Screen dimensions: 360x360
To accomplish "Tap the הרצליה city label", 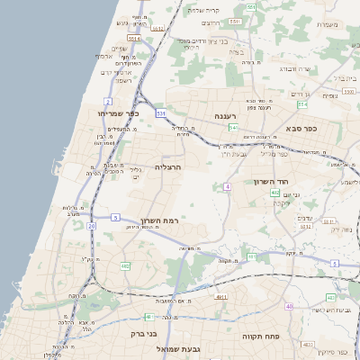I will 168,167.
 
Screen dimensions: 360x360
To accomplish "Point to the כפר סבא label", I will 313,129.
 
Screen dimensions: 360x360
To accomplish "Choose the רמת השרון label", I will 160,221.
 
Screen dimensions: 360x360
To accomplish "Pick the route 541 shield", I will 232,129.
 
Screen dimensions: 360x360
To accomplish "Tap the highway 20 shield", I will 92,226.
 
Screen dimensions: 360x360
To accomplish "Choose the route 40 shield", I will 289,307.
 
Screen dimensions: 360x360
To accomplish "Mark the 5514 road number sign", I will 134,39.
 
